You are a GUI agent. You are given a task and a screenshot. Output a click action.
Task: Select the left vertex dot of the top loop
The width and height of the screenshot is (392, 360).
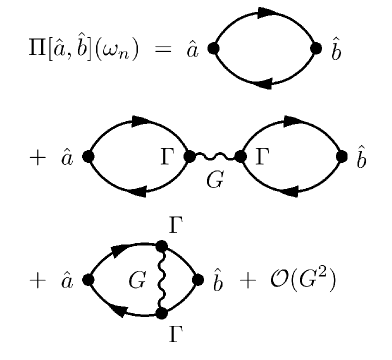coord(213,47)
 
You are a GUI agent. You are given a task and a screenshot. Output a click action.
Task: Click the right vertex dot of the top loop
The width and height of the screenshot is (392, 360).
coord(316,47)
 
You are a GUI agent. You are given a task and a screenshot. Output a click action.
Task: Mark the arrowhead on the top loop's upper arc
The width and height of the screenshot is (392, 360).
coord(265,13)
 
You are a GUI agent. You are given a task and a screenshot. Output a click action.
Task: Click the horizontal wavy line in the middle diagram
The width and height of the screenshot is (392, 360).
coord(214,156)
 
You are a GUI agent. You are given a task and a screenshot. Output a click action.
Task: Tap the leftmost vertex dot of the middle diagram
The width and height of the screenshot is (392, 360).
coord(88,156)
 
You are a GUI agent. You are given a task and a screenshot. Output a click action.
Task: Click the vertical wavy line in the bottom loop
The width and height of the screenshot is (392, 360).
coord(162,280)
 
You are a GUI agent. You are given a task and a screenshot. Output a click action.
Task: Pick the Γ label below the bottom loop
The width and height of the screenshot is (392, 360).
coord(176,337)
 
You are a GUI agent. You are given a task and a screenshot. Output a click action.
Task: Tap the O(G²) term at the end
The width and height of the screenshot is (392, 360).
coord(305,281)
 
